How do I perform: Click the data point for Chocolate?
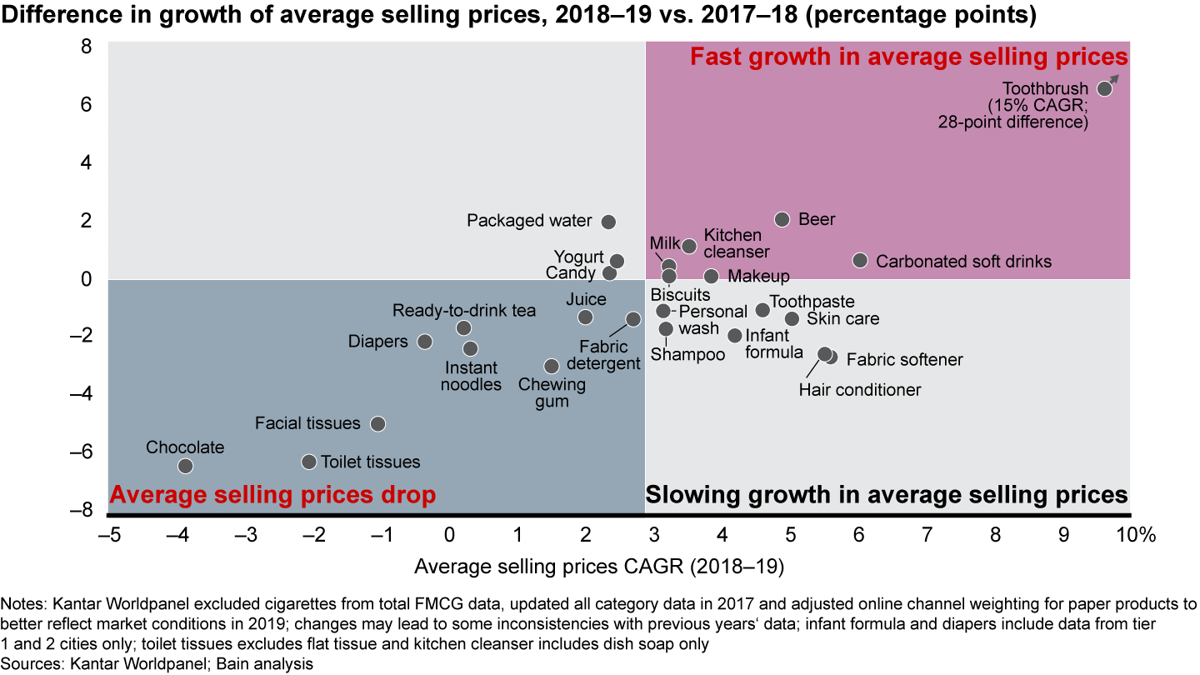[185, 466]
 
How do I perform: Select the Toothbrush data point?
[1104, 88]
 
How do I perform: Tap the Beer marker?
[782, 219]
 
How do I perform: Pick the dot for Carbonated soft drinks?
[860, 260]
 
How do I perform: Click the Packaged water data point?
[608, 222]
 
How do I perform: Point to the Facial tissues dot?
[377, 423]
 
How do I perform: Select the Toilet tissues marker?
[308, 461]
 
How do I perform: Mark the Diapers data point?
[424, 342]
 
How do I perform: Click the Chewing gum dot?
[551, 366]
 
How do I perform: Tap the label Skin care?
[842, 318]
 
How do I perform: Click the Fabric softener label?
[904, 360]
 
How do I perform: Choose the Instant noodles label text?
[472, 376]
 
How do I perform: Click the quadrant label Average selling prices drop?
[272, 495]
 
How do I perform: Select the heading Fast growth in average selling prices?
[908, 57]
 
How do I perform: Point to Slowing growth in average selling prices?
[887, 495]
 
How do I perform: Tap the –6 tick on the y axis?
[86, 452]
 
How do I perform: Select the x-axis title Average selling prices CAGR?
[599, 567]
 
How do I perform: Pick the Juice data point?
[585, 317]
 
